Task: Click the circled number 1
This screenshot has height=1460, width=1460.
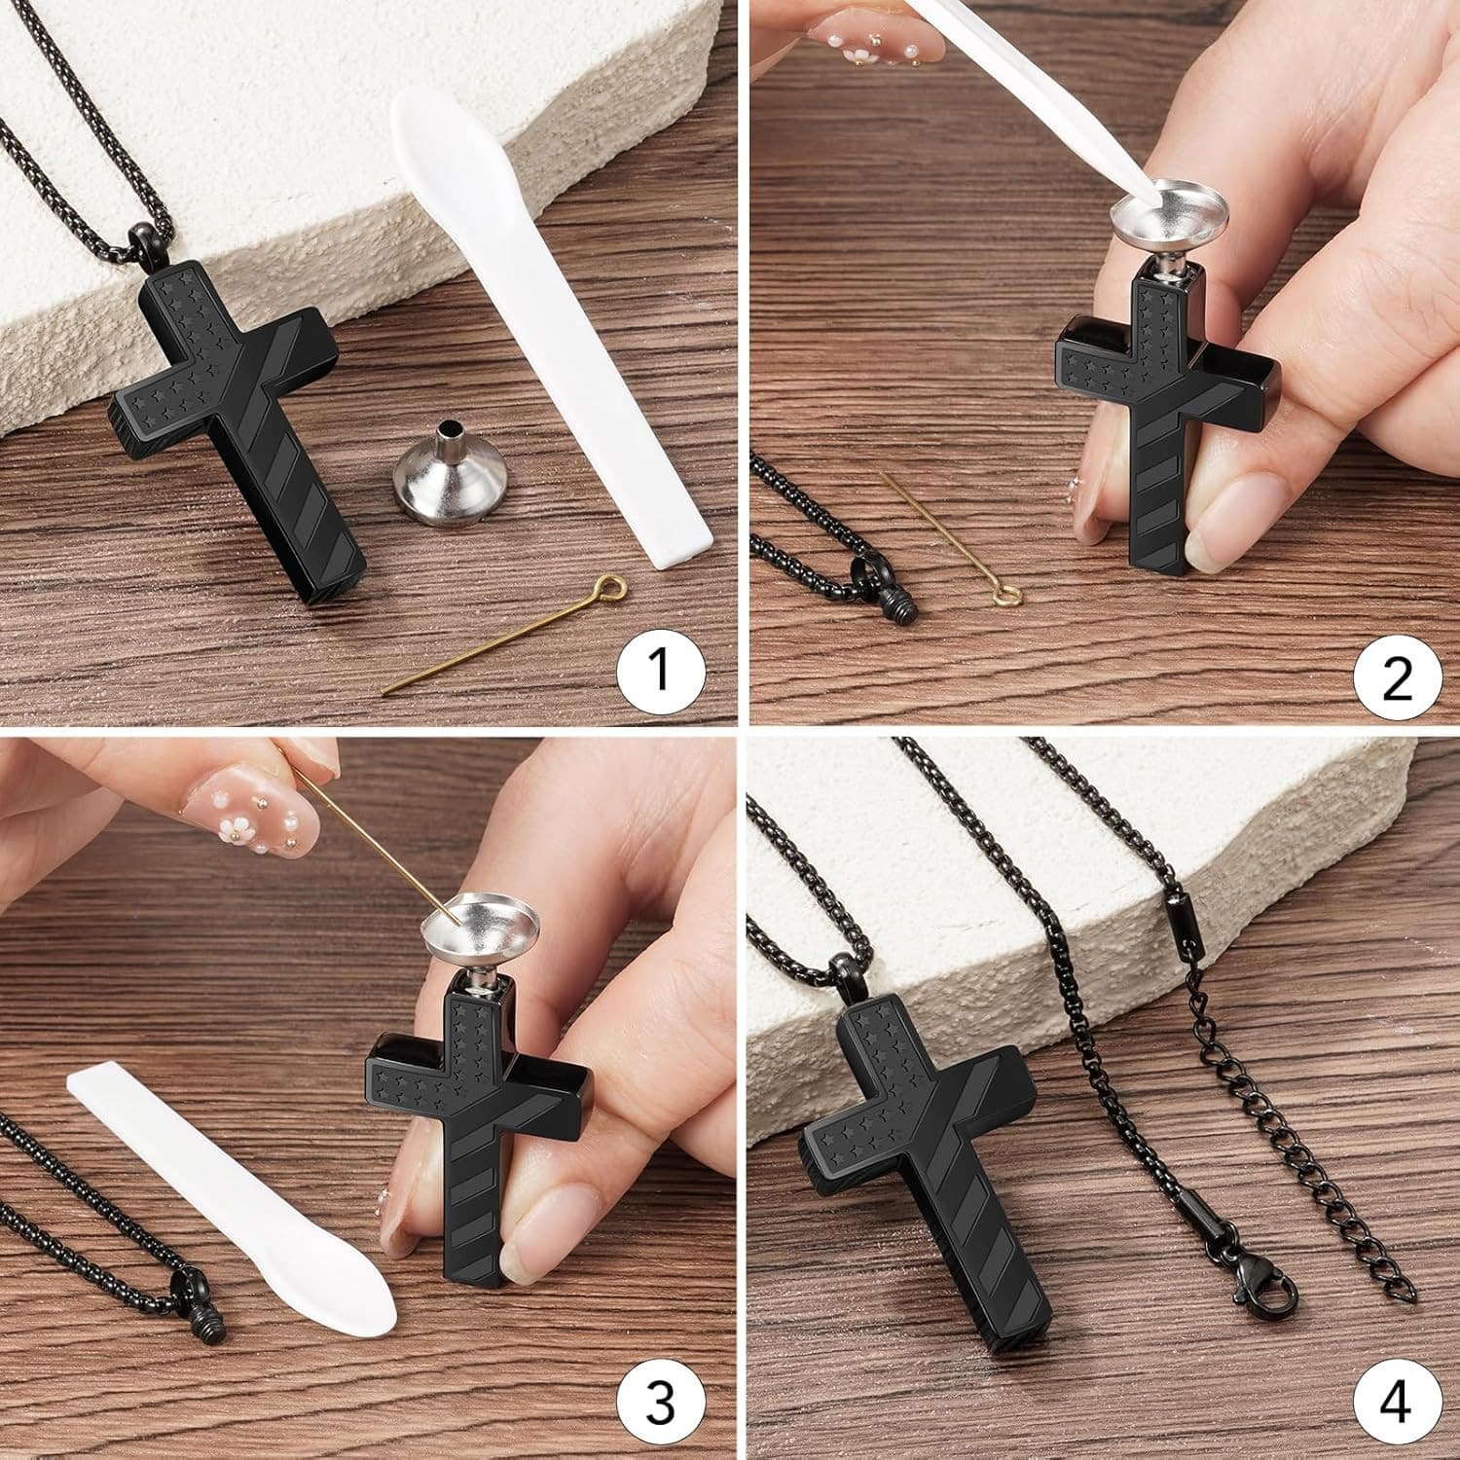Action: [661, 671]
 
